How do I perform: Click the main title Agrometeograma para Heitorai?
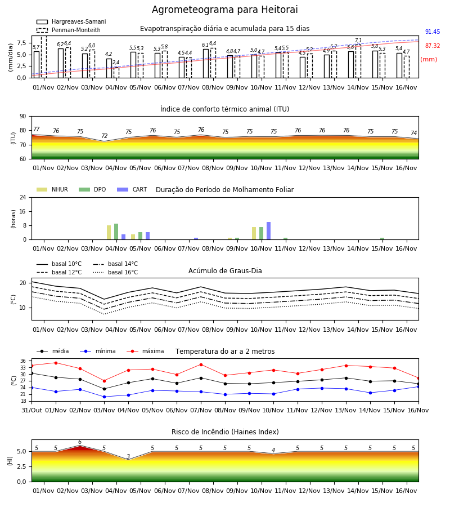tap(224, 10)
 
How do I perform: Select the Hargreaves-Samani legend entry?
tap(71, 21)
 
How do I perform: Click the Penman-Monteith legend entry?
tap(69, 30)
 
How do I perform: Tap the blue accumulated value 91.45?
tap(433, 32)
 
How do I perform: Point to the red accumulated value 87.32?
tap(433, 46)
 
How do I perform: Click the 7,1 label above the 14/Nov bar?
tap(358, 41)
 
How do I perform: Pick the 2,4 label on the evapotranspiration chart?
tap(116, 63)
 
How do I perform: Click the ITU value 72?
tap(104, 136)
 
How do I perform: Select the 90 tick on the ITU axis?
tap(23, 117)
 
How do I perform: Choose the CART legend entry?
tap(132, 189)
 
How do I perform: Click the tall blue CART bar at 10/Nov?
tap(268, 231)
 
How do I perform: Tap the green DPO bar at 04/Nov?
tap(116, 232)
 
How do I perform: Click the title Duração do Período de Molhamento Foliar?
tap(224, 190)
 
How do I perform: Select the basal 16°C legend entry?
tap(115, 272)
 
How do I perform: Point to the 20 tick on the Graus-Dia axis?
tap(23, 283)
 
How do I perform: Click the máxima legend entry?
tap(145, 351)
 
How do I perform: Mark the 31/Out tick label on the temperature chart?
tap(31, 410)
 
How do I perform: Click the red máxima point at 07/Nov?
tap(201, 364)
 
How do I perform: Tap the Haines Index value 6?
tap(80, 442)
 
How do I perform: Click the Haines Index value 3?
tap(128, 456)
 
